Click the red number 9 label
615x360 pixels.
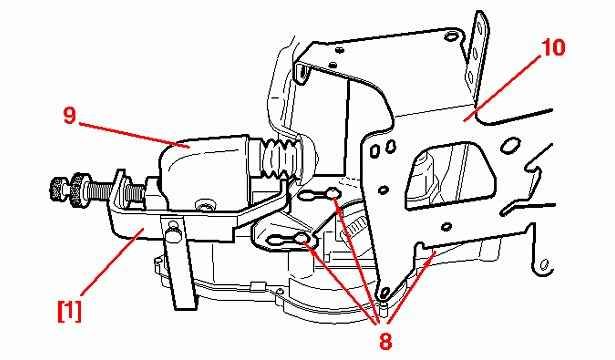point(70,116)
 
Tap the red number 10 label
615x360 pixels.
point(553,47)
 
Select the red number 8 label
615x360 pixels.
point(386,340)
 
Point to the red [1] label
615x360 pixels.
point(69,311)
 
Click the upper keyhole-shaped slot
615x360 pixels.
point(320,194)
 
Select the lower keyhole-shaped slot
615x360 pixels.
point(289,240)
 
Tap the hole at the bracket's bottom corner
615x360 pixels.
point(386,291)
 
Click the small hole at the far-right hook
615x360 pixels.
point(544,265)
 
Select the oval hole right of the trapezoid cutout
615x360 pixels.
point(509,145)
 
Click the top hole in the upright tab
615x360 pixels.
point(478,29)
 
